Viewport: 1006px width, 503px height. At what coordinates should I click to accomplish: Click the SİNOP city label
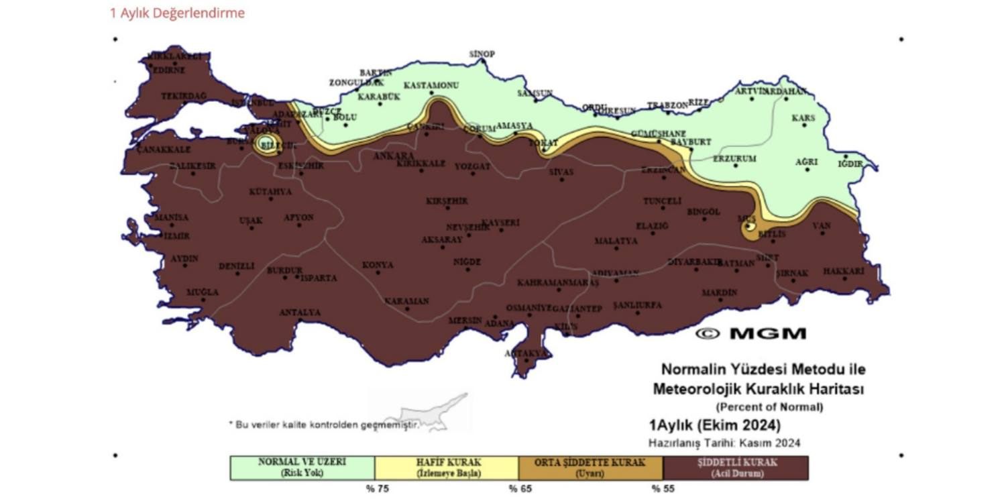point(482,54)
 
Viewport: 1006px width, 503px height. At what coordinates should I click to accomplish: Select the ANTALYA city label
point(300,313)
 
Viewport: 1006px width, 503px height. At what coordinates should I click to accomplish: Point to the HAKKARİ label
point(843,271)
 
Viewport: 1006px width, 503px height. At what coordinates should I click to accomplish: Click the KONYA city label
point(378,266)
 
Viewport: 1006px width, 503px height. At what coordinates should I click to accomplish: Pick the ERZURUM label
point(734,159)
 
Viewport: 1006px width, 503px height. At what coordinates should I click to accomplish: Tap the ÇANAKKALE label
point(164,150)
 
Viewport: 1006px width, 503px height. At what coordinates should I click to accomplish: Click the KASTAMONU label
point(431,86)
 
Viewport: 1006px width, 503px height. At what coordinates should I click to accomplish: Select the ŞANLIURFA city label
point(638,305)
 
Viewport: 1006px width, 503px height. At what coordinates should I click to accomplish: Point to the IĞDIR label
point(850,164)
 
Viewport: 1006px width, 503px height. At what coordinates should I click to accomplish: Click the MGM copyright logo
point(750,333)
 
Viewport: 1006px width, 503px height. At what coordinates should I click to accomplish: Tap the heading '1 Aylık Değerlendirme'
point(177,13)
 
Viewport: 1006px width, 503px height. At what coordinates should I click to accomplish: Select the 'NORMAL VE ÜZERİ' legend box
point(302,467)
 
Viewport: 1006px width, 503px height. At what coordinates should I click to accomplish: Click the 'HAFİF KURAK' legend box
point(446,467)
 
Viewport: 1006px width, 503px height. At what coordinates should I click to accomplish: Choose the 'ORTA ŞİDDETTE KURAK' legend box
point(590,467)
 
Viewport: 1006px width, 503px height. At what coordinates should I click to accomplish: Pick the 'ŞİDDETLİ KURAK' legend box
point(736,467)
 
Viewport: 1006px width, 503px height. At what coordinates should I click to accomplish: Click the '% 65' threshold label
point(520,489)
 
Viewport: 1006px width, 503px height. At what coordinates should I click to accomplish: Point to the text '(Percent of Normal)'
point(769,406)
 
